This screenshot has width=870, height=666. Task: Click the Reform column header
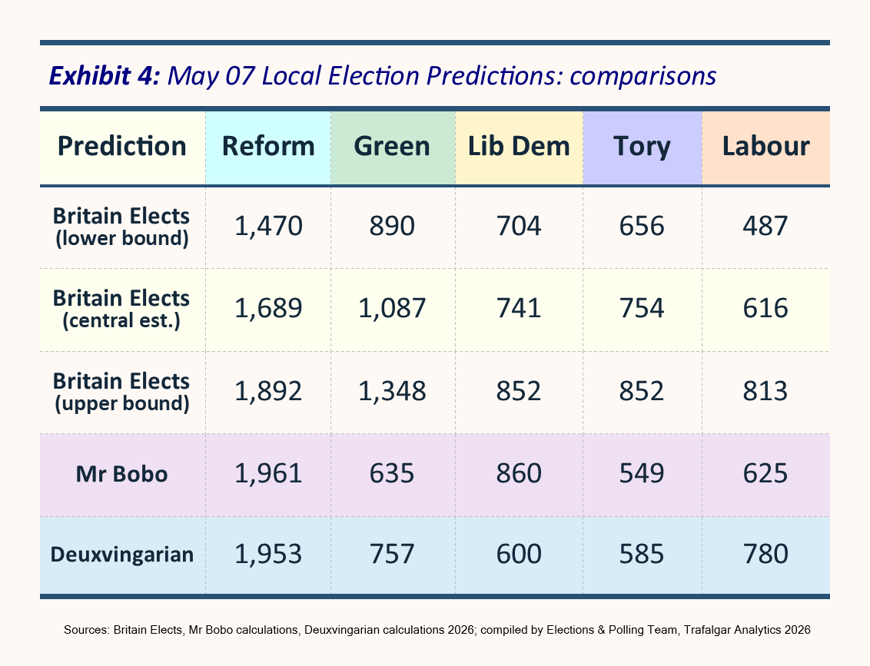click(x=268, y=147)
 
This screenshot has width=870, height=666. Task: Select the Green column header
click(x=392, y=147)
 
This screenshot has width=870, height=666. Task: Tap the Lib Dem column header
click(x=519, y=147)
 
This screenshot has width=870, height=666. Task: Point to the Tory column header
click(x=642, y=147)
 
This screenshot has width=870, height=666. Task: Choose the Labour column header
click(x=765, y=147)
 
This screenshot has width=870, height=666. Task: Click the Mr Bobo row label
click(x=121, y=474)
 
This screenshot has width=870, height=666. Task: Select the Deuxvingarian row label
click(x=122, y=554)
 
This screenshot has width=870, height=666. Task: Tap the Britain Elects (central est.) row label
click(x=121, y=309)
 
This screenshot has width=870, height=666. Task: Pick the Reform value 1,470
click(x=268, y=227)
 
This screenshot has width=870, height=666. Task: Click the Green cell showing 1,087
click(x=392, y=308)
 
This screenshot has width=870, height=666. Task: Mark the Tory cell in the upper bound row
click(x=642, y=391)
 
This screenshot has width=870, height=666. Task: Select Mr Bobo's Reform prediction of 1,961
click(x=268, y=474)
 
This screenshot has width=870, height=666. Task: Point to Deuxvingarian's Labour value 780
click(x=765, y=554)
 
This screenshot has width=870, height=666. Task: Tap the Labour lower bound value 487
click(x=765, y=227)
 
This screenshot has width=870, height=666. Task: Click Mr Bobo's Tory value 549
click(x=642, y=474)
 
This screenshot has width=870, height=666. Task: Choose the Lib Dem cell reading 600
click(x=519, y=554)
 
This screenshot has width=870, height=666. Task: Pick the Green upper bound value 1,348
click(x=392, y=391)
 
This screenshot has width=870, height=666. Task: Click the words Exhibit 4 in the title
click(x=105, y=75)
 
